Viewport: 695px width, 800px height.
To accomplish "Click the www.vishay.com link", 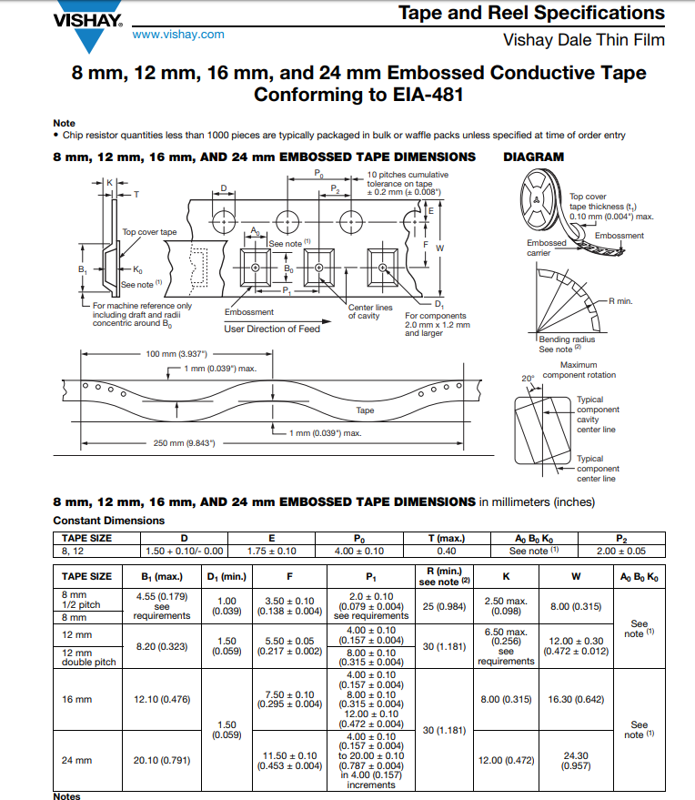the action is [x=178, y=35].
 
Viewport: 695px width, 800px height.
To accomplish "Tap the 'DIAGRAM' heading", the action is [x=533, y=157].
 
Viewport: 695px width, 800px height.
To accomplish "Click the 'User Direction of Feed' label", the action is [x=272, y=329].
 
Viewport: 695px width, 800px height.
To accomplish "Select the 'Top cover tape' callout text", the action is [x=149, y=232].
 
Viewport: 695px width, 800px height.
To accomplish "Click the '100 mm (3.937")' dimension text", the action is [x=176, y=353].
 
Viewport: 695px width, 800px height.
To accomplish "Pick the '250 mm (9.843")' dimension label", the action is [x=184, y=443].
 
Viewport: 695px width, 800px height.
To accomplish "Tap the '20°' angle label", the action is [x=528, y=379].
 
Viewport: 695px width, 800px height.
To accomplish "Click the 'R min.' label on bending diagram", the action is [x=620, y=301].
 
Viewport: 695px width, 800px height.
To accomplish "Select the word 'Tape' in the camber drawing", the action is [x=365, y=410].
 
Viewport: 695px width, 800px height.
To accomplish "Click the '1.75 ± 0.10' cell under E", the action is [x=272, y=551].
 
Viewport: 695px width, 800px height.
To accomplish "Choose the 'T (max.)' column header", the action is [x=447, y=538].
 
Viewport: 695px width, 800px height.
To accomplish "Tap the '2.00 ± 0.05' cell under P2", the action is [x=621, y=551].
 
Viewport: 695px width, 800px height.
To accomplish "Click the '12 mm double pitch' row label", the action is [x=89, y=657].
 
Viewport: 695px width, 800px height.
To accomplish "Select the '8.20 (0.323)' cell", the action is [x=162, y=646].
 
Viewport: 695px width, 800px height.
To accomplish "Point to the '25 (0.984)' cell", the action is [x=444, y=606].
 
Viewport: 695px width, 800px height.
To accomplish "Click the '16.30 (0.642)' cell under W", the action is [x=576, y=699].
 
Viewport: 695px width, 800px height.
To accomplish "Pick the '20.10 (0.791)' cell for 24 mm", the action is [x=162, y=760].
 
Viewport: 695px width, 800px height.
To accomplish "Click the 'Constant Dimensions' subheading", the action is [x=108, y=521].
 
